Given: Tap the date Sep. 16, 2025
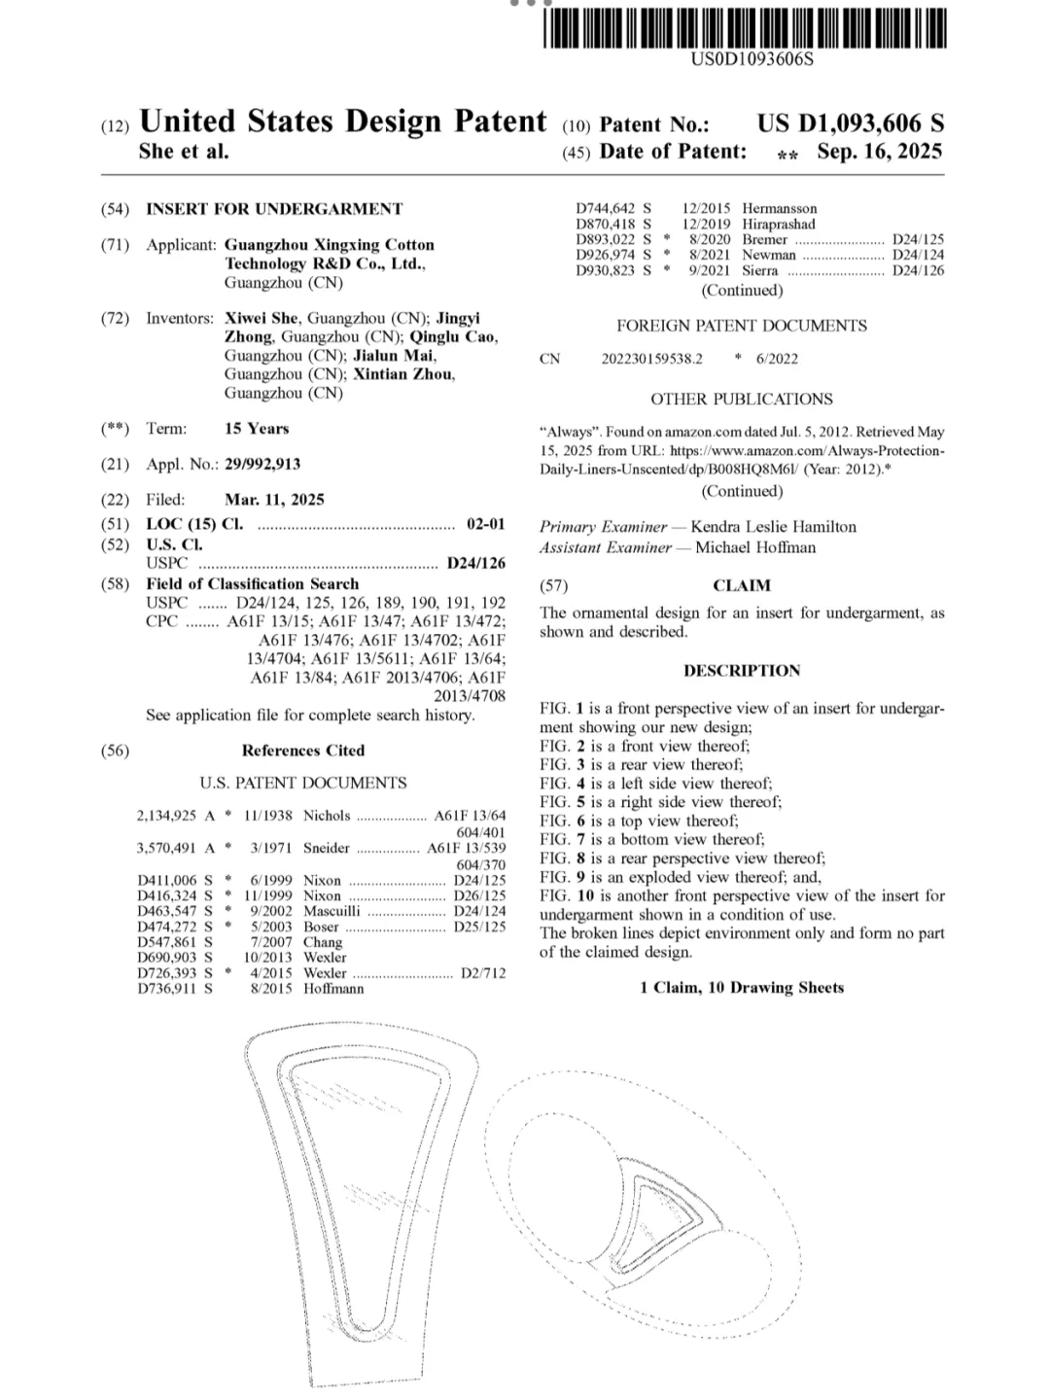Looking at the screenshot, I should (x=879, y=152).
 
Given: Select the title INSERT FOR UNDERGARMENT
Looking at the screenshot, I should (x=274, y=209).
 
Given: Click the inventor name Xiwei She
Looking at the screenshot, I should (x=264, y=319).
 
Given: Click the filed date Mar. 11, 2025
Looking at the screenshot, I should (x=274, y=500).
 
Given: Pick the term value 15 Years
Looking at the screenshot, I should (x=257, y=429).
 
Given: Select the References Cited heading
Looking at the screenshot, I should (x=303, y=751).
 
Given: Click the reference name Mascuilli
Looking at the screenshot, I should (x=332, y=912).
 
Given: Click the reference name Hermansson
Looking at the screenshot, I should (x=780, y=209).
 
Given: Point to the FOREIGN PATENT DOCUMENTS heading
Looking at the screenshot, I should (x=742, y=327).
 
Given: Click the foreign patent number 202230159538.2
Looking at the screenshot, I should (x=651, y=359).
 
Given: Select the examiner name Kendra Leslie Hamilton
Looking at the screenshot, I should (x=774, y=527).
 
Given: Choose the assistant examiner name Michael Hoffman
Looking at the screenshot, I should (x=755, y=547).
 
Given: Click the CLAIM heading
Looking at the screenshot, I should (x=742, y=585).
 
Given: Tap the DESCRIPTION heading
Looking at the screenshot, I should (x=742, y=671).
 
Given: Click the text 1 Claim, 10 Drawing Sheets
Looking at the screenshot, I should (x=742, y=988).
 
